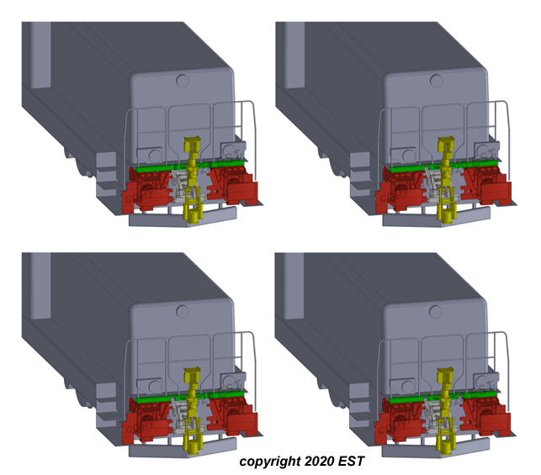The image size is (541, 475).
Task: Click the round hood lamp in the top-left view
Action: point(182,82)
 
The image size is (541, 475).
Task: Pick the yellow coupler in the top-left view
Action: point(194,181)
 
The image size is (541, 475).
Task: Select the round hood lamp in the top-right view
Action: point(435,82)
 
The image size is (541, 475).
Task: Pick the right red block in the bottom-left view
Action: point(233,417)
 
